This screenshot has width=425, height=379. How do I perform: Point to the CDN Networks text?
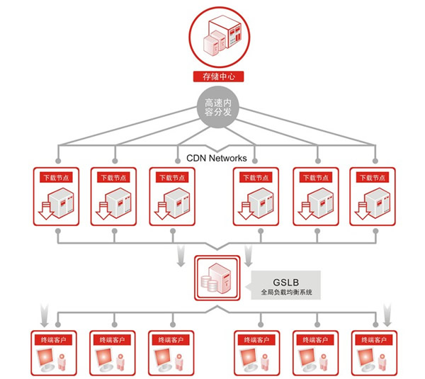coord(216,158)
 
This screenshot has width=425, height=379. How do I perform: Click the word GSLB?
coord(286,279)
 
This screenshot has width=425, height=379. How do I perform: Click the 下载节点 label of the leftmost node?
coord(55,177)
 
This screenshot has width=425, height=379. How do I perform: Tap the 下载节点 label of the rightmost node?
coord(370,177)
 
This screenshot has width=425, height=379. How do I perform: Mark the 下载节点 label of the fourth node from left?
coord(254,177)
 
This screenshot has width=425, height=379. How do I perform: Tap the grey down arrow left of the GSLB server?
coord(181,251)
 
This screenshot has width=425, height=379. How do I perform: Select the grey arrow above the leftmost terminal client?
coord(45,312)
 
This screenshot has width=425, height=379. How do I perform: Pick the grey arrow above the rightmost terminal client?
coord(387,312)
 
